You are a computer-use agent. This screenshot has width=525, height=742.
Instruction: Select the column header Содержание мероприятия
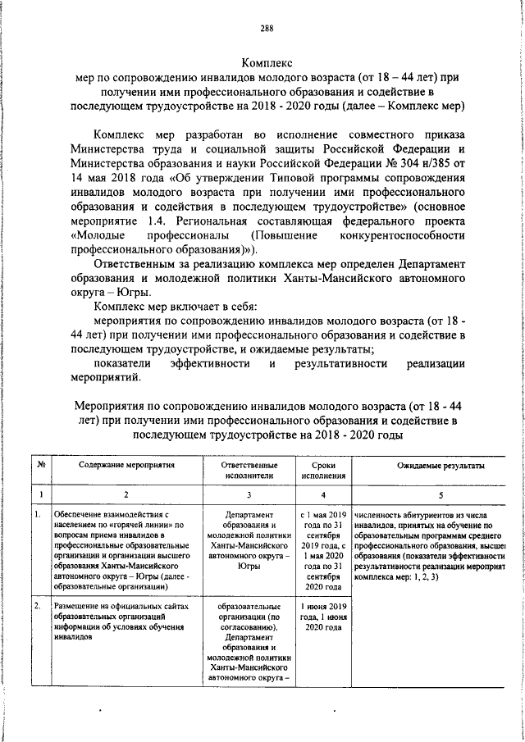click(x=126, y=465)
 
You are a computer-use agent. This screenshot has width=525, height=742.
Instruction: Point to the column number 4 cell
click(x=322, y=494)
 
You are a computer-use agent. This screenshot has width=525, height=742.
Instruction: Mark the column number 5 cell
click(x=440, y=494)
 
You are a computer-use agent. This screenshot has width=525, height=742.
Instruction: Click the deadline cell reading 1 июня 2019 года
click(x=323, y=611)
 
